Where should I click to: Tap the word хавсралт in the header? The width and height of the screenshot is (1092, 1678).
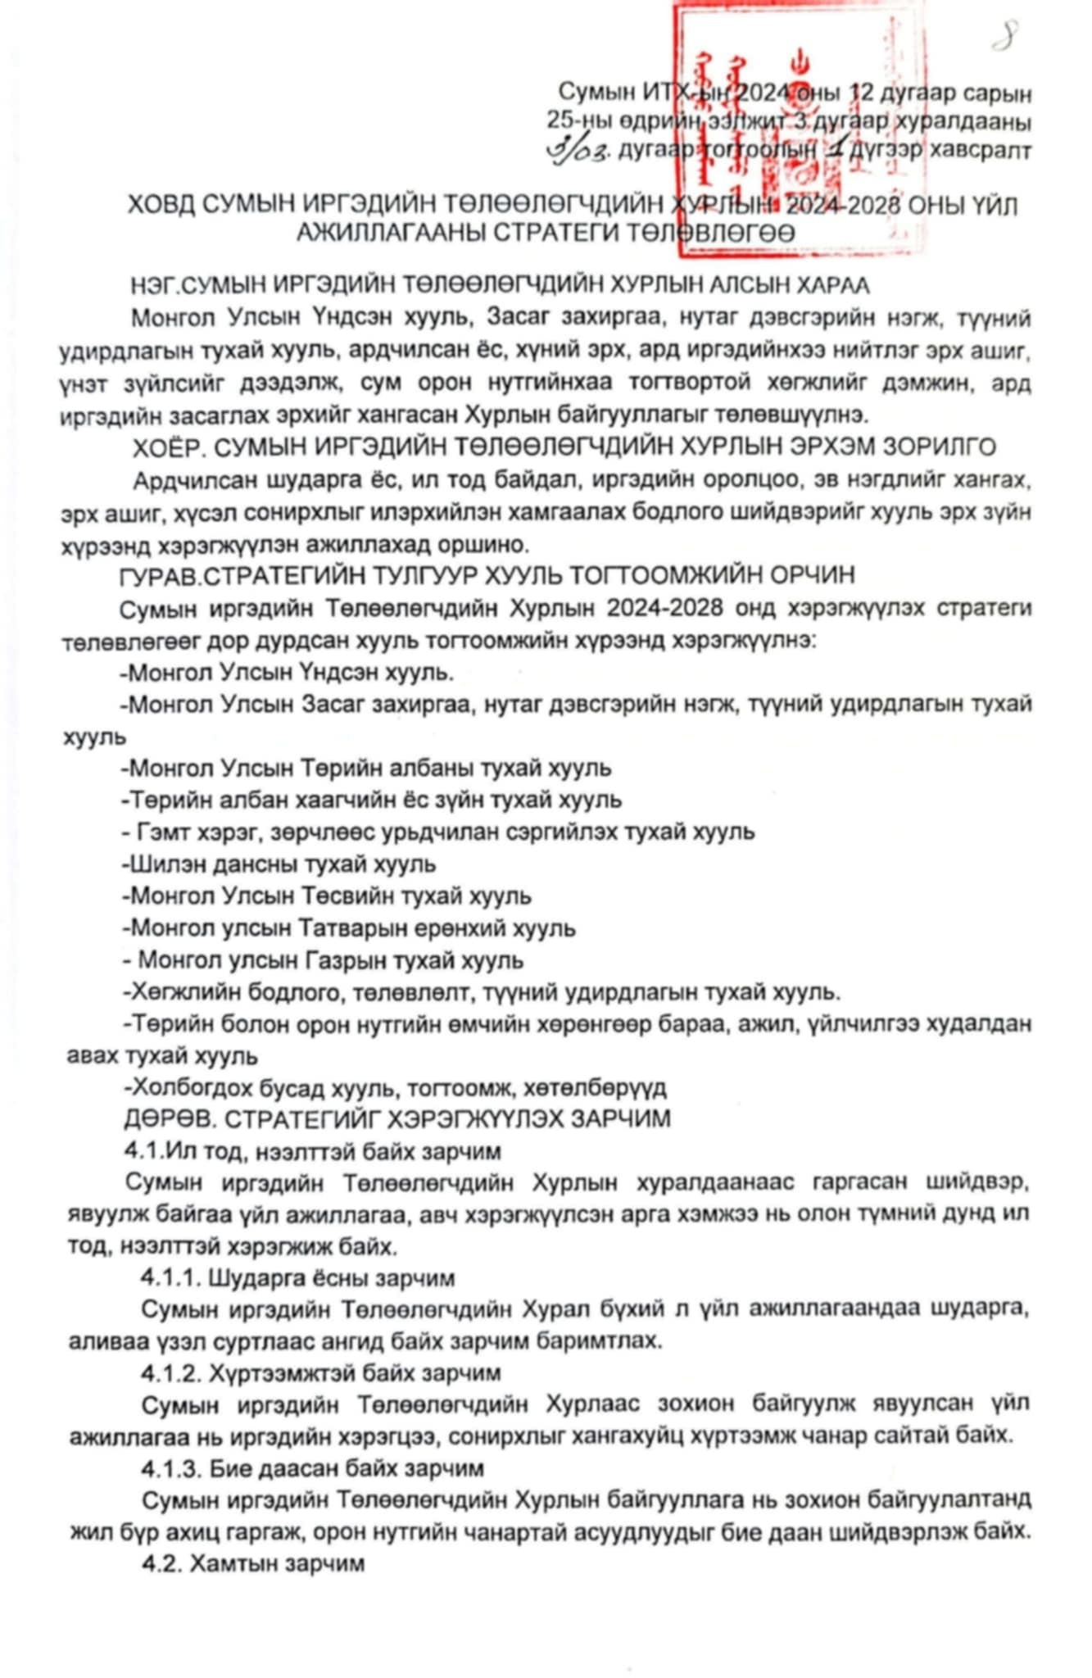[986, 151]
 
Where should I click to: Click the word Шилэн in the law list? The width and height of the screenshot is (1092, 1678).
[160, 864]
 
